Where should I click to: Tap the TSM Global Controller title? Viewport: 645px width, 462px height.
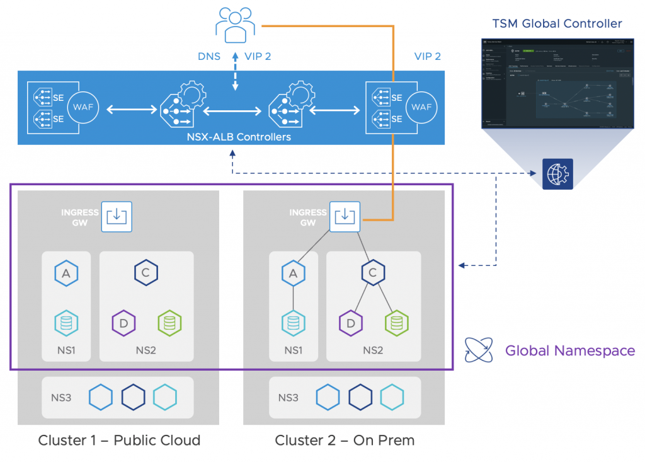[557, 24]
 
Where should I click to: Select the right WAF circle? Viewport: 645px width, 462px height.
[421, 107]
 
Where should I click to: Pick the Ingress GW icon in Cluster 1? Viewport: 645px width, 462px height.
[116, 216]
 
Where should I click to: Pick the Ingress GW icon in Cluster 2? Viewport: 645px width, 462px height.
[344, 216]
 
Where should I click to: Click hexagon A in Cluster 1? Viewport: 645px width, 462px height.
[66, 273]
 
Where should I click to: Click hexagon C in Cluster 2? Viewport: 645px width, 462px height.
[373, 273]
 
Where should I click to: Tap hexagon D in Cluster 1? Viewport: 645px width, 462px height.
[123, 323]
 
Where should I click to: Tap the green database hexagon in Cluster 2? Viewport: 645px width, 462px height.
[396, 323]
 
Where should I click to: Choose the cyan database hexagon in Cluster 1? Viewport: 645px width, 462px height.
[66, 323]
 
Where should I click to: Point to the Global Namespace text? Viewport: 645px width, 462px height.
[569, 350]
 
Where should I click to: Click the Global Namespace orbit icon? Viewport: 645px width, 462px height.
[478, 350]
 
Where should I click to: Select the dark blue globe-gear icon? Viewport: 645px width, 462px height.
[557, 174]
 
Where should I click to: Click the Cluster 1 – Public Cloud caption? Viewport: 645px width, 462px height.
[119, 440]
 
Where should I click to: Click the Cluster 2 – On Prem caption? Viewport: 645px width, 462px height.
[345, 440]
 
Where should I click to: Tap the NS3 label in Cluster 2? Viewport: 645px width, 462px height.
[288, 398]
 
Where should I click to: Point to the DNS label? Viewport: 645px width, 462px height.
[208, 57]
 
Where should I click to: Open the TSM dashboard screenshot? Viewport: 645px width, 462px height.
[557, 82]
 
